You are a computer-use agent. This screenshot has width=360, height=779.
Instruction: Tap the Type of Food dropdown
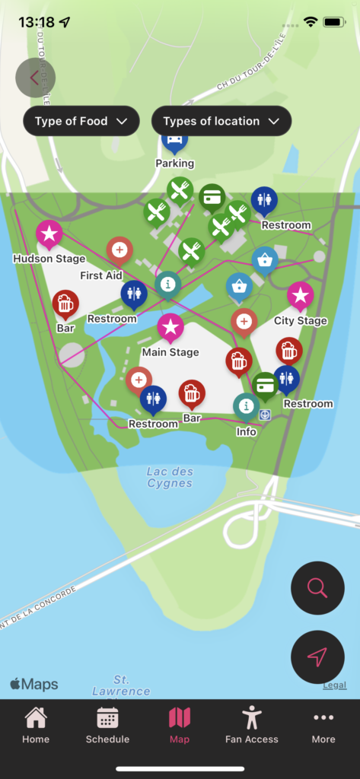81,121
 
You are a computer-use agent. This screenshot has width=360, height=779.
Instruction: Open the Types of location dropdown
221,121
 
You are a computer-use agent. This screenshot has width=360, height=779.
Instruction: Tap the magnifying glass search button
317,588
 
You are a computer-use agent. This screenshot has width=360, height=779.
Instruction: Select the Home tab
36,724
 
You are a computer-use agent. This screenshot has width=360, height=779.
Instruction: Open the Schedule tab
107,724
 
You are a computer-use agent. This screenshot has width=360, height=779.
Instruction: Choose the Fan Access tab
251,724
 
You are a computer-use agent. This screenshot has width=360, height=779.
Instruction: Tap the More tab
323,724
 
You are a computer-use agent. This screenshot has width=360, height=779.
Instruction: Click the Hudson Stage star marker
49,234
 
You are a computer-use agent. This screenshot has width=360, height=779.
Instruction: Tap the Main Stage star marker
170,327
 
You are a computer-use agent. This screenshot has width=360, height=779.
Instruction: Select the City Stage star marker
300,295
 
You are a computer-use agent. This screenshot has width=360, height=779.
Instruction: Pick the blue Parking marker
174,141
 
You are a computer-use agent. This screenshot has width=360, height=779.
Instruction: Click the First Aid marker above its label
119,250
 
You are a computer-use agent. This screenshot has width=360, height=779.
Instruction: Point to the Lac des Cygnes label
169,477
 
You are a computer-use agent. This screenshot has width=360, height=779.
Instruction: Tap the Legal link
334,685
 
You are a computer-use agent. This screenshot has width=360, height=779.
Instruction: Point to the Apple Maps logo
34,685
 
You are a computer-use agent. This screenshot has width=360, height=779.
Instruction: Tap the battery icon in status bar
333,22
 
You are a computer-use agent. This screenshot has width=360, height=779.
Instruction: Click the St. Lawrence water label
121,685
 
